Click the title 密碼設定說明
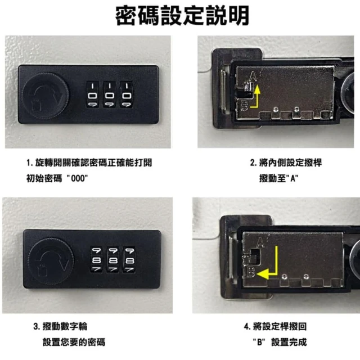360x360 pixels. [182, 16]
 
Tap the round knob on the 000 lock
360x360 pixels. [45, 96]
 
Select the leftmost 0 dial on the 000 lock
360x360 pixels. [92, 94]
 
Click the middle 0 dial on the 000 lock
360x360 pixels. [110, 94]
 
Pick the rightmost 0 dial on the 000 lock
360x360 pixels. [126, 94]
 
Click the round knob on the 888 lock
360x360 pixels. [51, 261]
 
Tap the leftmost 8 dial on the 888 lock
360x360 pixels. [96, 260]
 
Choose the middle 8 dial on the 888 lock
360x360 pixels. [112, 260]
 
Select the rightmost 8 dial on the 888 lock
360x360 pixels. [129, 260]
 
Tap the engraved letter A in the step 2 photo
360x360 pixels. [253, 76]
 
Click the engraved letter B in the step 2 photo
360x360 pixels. [244, 106]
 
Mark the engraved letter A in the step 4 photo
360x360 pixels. [260, 242]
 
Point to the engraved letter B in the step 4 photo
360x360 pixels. [251, 272]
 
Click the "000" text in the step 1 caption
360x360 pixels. [78, 178]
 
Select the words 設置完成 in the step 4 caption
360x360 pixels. [289, 342]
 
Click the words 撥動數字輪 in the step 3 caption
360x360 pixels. [65, 326]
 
